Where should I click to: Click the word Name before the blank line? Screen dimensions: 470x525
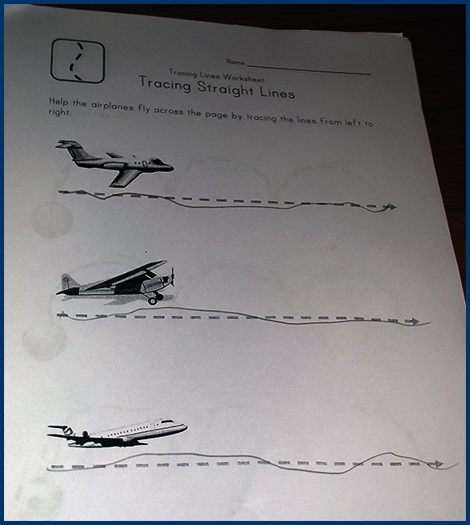point(235,62)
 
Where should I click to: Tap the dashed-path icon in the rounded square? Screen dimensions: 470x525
point(78,61)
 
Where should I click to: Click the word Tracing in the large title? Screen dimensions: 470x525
point(165,84)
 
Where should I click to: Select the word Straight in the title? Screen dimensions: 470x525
point(225,89)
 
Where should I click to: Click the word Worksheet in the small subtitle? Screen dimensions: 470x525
point(243,78)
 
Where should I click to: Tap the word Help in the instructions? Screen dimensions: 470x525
point(58,102)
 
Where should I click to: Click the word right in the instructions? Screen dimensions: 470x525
point(60,112)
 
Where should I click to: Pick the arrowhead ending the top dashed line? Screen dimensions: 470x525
point(391,207)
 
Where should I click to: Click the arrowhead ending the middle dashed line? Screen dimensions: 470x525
point(414,321)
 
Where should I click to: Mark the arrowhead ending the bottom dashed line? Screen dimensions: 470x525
point(438,464)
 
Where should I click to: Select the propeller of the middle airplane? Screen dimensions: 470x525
point(172,277)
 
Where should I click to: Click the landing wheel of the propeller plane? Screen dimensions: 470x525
point(153,300)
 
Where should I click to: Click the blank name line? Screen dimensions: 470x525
point(309,69)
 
